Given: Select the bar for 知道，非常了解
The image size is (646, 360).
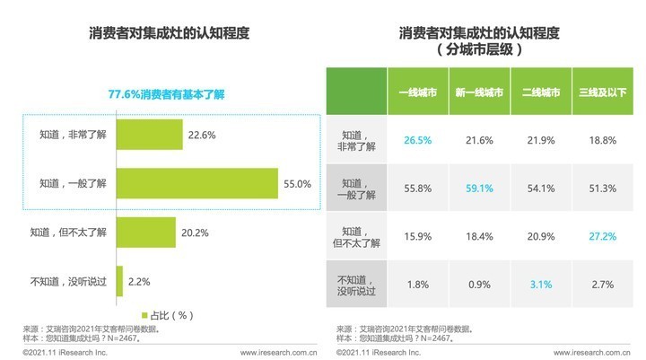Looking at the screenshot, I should pos(148,135).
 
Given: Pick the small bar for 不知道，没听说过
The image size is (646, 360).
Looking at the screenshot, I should pos(118,281).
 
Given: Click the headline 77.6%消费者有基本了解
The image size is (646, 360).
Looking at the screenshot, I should pos(169,93).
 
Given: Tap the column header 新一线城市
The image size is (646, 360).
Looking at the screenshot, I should pos(478,93).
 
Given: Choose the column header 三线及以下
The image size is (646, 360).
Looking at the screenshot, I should pos(602,93).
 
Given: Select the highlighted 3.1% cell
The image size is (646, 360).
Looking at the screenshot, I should pos(540,285).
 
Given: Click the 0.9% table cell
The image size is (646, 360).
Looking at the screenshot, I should pos(478,285).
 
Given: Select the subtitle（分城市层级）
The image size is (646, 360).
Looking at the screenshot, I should pos(480,50).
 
